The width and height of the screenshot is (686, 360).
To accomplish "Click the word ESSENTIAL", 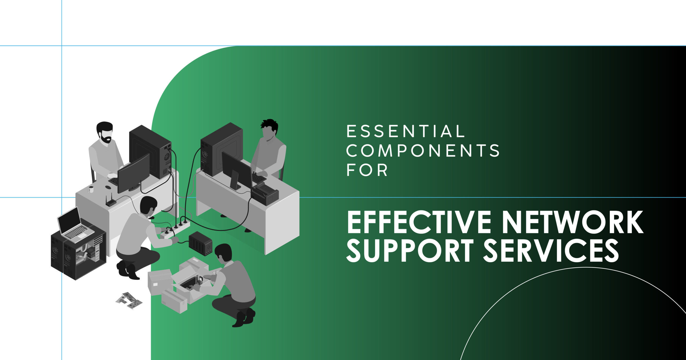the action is tap(406, 131).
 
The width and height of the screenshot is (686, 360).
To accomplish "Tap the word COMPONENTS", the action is tap(423, 150).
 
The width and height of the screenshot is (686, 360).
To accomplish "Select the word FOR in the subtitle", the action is tap(367, 170).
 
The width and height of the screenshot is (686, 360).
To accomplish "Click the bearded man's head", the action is tap(105, 132).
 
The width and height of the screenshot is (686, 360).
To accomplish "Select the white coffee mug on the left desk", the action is tap(91, 189).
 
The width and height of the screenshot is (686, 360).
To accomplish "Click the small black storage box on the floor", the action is tap(200, 243).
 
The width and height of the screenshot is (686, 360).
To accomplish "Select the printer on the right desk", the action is tap(264, 194).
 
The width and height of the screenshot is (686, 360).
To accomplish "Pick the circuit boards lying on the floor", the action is tap(129, 301).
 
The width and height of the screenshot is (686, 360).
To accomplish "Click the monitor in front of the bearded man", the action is tap(133, 173).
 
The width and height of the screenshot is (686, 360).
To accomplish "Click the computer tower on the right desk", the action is tap(222, 149).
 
